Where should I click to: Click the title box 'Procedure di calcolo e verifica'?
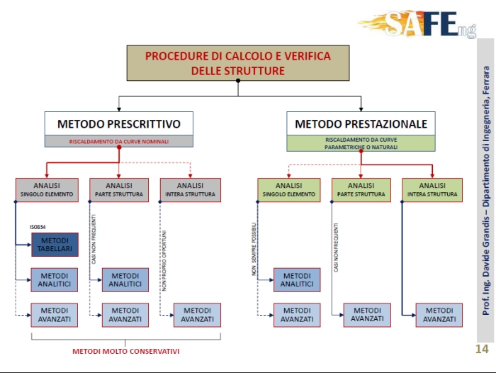pos(237,63)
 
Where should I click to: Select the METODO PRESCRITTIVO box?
pos(118,124)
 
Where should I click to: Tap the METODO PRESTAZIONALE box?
pos(361,124)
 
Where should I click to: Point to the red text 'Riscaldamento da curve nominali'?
pos(118,141)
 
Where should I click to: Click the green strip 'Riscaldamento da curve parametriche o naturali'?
pos(361,143)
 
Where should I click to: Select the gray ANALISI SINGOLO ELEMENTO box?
pos(46,189)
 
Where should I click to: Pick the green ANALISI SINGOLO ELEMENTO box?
pos(288,189)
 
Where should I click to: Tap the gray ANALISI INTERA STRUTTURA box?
pos(191,189)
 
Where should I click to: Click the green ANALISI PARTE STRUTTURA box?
pos(361,189)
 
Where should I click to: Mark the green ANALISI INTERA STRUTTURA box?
pos(432,189)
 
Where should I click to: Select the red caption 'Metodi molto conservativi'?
pos(126,351)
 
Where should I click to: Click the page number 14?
pos(482,349)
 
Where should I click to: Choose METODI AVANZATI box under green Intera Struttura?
pos(439,315)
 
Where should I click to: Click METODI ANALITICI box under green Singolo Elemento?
pos(297,279)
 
